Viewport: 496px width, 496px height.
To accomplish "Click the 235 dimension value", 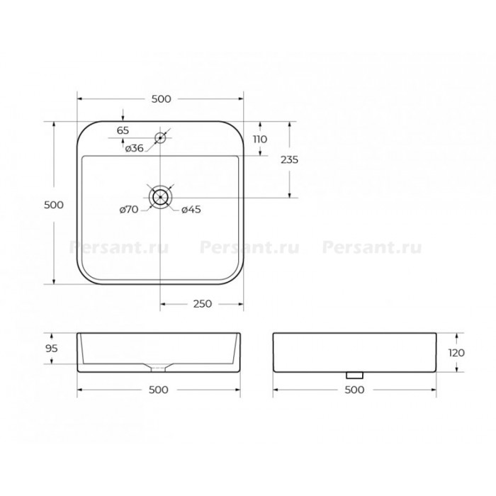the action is coord(289,159).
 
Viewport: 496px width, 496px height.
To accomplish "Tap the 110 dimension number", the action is coord(260,139).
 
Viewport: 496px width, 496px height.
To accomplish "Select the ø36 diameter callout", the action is coord(134,148).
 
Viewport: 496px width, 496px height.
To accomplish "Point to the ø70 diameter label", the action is coord(129,210).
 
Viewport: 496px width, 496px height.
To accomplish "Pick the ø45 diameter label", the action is coord(191,210).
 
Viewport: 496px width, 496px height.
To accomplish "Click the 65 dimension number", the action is coord(123,130).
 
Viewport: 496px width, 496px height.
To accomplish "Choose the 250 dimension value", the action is coord(203,304).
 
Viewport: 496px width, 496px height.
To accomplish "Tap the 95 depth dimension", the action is coord(52,349).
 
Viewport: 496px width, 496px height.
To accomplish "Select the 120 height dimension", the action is coord(456,353).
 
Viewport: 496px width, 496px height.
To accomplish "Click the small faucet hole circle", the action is coord(160,138).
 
